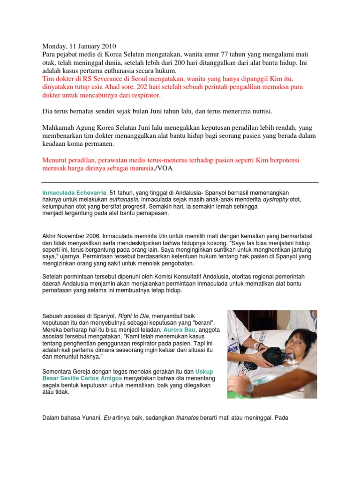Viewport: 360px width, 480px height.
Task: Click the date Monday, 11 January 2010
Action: pyautogui.click(x=80, y=46)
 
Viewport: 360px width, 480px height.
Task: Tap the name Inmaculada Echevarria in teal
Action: pyautogui.click(x=75, y=193)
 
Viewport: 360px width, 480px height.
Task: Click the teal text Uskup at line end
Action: pyautogui.click(x=204, y=371)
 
